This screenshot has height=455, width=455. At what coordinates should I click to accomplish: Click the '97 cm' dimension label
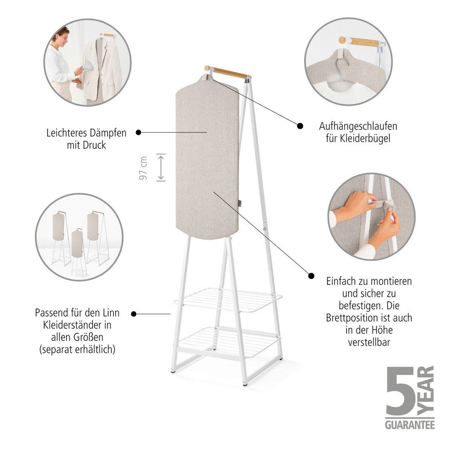143,168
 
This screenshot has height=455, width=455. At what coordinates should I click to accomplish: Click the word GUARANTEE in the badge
409,425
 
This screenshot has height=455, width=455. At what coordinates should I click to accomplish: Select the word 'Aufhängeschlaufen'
358,126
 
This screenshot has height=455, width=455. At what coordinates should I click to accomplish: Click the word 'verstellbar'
369,342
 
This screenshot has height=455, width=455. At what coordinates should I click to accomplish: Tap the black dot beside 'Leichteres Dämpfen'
138,132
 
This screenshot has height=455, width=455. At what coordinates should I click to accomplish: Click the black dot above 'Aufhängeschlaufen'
300,126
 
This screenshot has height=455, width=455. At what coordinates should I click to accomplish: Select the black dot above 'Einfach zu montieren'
311,276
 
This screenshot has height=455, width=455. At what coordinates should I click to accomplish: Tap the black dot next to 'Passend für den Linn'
133,314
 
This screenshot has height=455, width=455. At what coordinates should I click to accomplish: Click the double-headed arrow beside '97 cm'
161,167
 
